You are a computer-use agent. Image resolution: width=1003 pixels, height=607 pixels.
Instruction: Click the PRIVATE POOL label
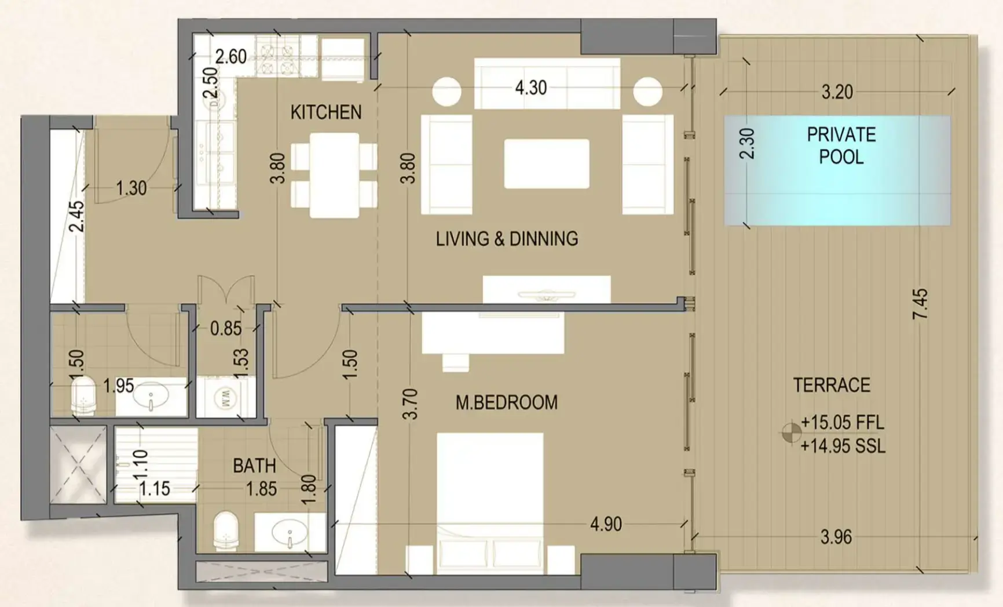(841, 146)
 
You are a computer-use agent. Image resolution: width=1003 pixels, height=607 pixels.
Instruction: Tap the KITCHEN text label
(325, 112)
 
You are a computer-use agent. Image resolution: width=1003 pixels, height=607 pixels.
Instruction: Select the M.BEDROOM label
(506, 402)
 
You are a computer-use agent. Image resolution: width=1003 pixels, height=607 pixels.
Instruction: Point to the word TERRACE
(831, 385)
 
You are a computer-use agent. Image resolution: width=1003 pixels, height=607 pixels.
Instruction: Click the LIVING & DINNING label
(507, 239)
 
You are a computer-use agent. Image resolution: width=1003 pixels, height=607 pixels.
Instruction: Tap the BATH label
(254, 466)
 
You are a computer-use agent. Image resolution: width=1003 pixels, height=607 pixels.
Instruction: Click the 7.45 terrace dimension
(920, 304)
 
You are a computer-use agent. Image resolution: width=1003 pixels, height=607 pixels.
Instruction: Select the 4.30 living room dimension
(530, 88)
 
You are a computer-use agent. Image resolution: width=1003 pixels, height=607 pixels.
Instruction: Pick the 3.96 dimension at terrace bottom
(836, 537)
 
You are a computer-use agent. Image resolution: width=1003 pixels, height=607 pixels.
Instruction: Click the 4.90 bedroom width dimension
(606, 524)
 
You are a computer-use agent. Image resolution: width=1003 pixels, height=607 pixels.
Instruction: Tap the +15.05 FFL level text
(842, 422)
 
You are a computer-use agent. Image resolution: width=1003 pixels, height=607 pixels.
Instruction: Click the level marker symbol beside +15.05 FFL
(791, 432)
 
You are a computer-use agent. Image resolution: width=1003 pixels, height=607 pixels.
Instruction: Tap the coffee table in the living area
(546, 163)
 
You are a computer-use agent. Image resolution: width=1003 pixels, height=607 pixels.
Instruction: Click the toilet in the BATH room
(226, 530)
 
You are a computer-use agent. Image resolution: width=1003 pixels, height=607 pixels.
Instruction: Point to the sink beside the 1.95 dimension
(151, 397)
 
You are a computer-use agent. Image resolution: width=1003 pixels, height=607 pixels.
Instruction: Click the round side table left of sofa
(446, 92)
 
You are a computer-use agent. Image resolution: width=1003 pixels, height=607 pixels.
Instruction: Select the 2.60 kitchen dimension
(230, 57)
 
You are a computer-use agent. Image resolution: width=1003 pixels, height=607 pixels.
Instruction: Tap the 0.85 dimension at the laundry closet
(225, 329)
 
